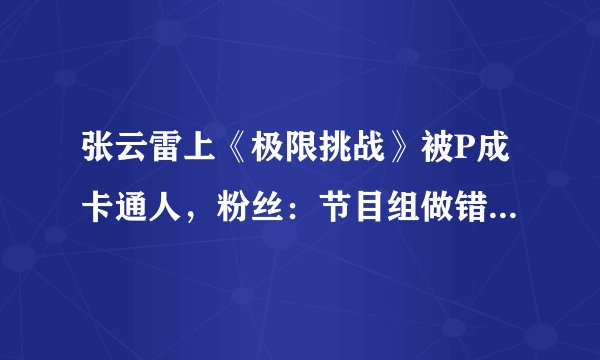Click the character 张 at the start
[x=98, y=155]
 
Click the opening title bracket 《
[x=245, y=155]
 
